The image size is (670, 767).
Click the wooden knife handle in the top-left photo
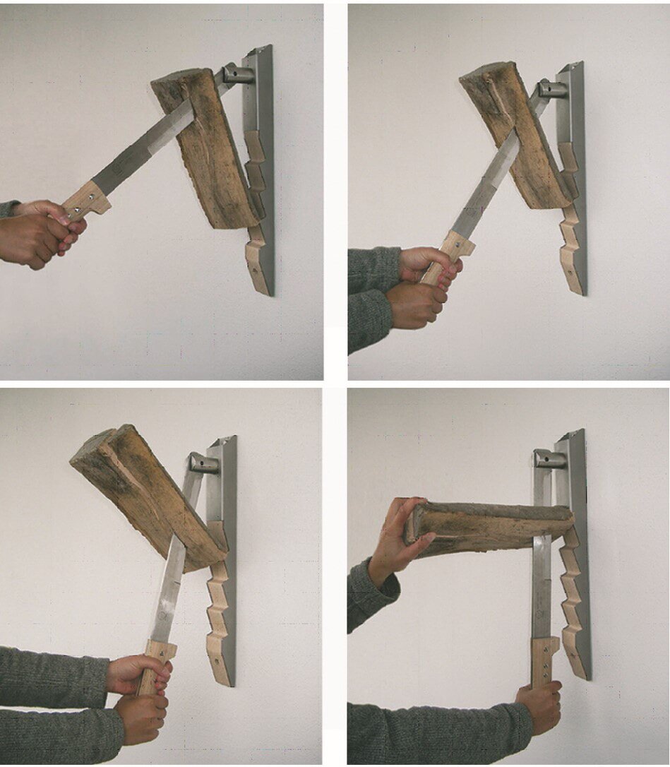pyautogui.click(x=88, y=201)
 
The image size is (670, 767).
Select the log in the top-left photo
pyautogui.click(x=205, y=152)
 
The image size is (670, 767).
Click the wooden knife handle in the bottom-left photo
pyautogui.click(x=157, y=660)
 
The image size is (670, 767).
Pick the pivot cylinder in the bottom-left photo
pyautogui.click(x=203, y=463)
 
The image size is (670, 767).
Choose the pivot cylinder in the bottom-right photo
pyautogui.click(x=549, y=459)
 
